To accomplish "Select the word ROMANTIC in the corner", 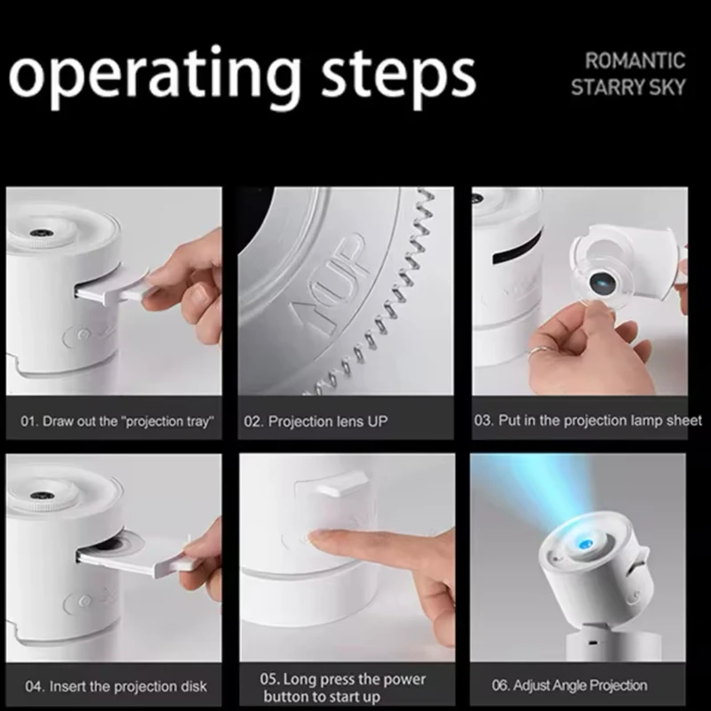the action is (x=635, y=60).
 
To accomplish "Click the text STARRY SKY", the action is (x=628, y=87).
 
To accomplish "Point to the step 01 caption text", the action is (x=117, y=421).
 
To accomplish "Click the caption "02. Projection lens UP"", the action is (x=316, y=421).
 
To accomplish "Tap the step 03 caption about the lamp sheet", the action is (x=587, y=420).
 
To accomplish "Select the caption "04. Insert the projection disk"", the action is (x=116, y=686).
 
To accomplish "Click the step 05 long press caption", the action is (x=343, y=687).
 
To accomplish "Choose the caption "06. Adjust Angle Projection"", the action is (x=570, y=685).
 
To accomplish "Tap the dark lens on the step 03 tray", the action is (x=603, y=283).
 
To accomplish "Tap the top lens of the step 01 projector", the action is (x=37, y=233).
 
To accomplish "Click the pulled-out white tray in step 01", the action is (x=112, y=288).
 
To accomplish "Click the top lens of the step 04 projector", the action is (x=37, y=497).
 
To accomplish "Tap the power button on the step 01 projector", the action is (x=82, y=335).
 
